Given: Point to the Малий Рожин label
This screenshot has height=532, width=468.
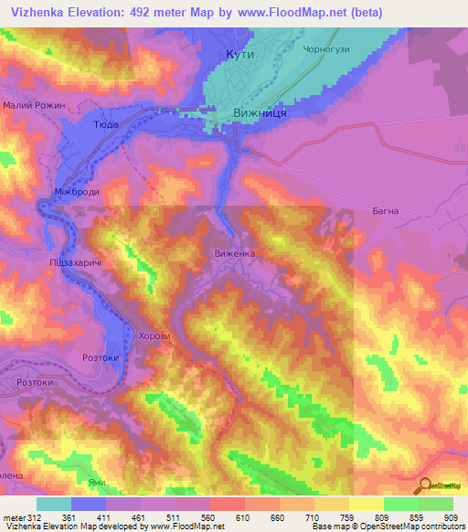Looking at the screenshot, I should coord(34,106).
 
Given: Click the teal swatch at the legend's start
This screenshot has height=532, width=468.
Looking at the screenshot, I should coord(54,504).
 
